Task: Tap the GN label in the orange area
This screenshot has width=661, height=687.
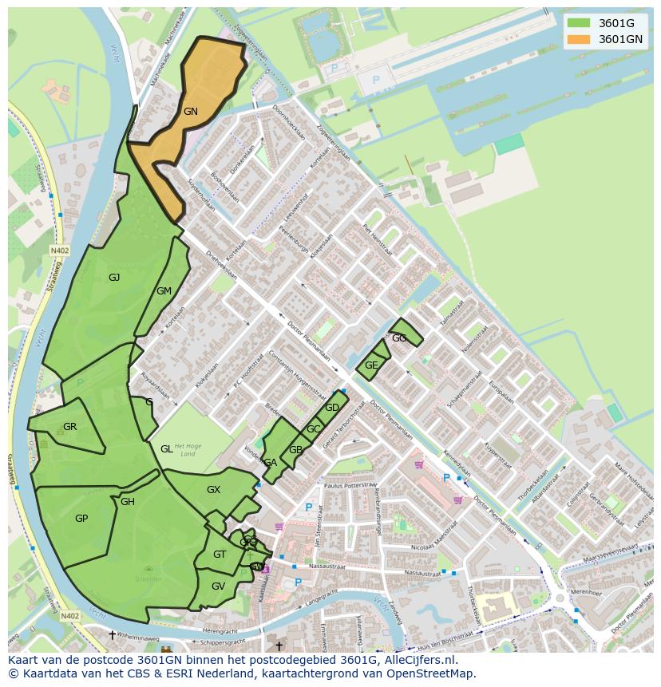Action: click(x=190, y=112)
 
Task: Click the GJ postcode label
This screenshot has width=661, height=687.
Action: click(x=114, y=278)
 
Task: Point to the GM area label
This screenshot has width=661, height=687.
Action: click(x=164, y=291)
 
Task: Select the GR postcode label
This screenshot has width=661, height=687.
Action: click(x=69, y=427)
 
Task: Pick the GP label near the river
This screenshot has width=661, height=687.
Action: click(x=81, y=519)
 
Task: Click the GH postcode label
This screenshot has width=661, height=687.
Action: click(x=128, y=502)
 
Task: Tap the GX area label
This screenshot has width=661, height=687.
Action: click(x=213, y=490)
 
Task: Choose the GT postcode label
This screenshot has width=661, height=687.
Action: click(x=220, y=555)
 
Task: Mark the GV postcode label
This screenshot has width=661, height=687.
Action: click(x=218, y=586)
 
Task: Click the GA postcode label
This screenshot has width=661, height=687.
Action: click(x=271, y=463)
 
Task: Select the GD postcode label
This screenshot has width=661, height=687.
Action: click(x=332, y=408)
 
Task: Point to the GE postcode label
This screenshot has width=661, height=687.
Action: click(x=371, y=365)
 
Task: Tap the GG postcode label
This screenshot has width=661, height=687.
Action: click(x=399, y=338)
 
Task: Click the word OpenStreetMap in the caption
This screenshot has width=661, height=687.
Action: click(x=428, y=673)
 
